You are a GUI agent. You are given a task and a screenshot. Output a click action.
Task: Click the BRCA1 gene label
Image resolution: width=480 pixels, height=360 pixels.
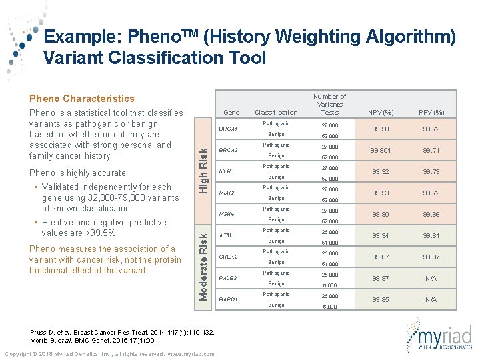point(229,129)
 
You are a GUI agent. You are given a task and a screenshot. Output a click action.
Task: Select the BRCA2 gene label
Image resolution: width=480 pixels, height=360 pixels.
point(229,151)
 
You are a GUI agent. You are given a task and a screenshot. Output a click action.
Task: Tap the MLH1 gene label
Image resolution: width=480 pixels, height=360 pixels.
point(227,172)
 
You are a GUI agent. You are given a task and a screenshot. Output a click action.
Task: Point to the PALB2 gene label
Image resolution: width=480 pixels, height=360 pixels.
point(229,278)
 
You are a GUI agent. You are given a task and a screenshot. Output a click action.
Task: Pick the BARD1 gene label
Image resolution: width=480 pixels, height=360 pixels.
point(229,299)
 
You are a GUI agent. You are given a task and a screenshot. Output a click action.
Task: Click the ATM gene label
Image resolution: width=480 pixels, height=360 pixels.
point(225,235)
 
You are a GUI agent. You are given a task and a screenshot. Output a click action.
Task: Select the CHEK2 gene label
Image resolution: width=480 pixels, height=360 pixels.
point(229,257)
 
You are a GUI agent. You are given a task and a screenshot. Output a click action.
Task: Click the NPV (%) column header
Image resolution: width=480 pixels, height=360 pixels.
point(381,112)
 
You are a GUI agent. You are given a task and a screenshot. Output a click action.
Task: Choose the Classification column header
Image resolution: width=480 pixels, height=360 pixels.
point(276,113)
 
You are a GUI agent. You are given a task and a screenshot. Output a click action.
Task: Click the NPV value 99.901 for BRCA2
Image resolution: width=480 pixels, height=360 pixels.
point(381,151)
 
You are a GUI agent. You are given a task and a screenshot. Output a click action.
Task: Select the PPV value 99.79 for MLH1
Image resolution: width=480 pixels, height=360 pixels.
point(431,172)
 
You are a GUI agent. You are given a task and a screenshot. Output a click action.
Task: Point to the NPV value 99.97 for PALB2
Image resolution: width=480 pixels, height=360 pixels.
point(381,278)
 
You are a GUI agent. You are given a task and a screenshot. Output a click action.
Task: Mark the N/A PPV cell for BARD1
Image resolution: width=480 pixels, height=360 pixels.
point(431,299)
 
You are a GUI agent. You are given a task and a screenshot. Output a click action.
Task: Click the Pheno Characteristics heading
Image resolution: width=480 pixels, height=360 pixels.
point(81,99)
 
